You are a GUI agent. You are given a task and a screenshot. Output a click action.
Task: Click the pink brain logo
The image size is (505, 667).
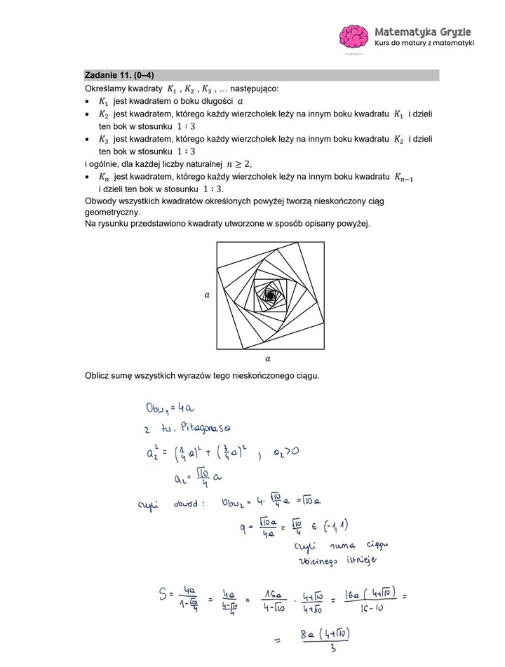click(x=354, y=38)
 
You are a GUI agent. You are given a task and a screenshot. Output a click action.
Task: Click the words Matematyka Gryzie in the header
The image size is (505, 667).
click(x=423, y=32)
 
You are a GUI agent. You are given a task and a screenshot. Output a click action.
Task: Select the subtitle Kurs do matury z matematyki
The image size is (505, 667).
click(x=424, y=43)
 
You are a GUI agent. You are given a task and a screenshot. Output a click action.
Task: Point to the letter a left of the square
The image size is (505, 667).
click(x=206, y=295)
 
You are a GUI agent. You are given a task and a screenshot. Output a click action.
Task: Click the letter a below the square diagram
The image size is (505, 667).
click(x=270, y=358)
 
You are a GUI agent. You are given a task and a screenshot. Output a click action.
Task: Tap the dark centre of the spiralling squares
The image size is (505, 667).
click(x=270, y=296)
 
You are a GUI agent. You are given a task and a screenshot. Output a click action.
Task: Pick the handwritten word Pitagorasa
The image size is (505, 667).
click(x=206, y=426)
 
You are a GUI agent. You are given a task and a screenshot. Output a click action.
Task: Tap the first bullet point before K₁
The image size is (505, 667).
click(x=87, y=101)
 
